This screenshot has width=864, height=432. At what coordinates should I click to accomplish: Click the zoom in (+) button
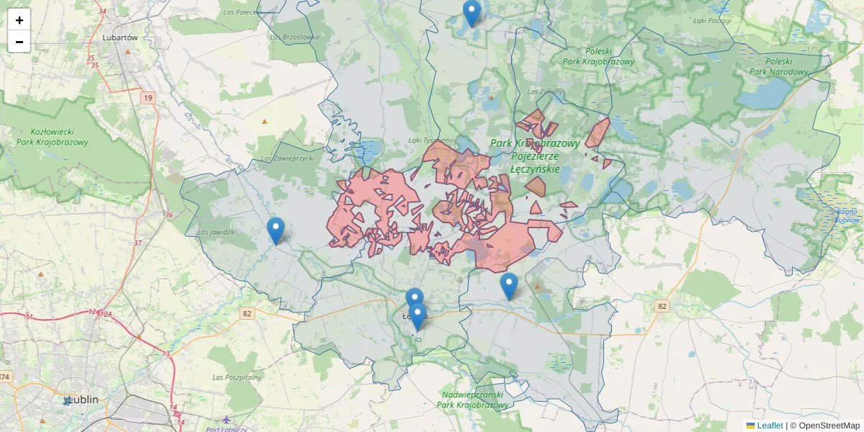tap(19, 20)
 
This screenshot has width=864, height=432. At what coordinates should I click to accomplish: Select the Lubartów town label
tap(120, 37)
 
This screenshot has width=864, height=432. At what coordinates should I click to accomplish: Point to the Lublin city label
tap(81, 400)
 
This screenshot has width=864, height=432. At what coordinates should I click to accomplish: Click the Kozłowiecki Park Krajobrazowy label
tap(50, 137)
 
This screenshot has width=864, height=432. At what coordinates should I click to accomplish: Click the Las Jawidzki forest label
tap(216, 232)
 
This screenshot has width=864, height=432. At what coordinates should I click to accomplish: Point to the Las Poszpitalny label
tap(236, 377)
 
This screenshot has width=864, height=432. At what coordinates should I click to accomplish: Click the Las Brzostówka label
tap(294, 37)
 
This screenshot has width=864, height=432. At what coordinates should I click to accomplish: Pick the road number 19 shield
tap(148, 97)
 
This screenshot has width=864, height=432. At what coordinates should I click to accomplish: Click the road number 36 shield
tap(168, 215)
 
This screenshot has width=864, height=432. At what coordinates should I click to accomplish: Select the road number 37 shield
tap(138, 243)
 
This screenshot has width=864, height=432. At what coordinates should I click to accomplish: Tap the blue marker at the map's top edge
tap(472, 13)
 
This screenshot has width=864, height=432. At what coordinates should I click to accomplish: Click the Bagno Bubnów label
tap(847, 215)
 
